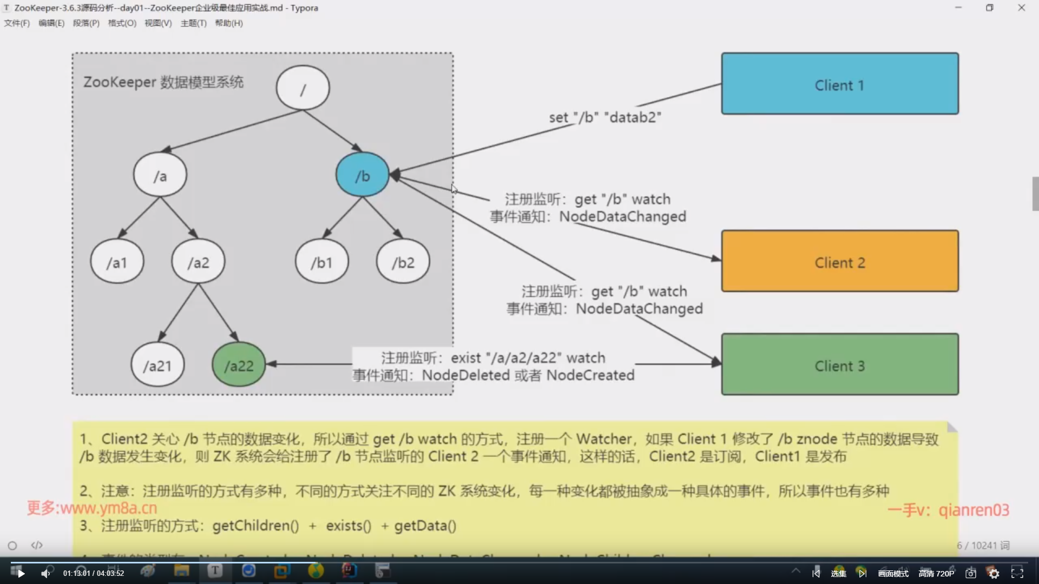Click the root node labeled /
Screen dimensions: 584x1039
[x=303, y=88]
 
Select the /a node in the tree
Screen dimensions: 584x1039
[x=160, y=175]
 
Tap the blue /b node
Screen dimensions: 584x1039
[x=363, y=175]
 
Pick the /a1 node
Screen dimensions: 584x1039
[x=117, y=262]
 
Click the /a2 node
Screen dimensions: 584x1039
[x=198, y=262]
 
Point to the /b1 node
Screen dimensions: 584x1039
[x=321, y=262]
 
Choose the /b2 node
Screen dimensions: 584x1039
[x=403, y=262]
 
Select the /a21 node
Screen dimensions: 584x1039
[x=157, y=366]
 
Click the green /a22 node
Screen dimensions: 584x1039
[x=239, y=366]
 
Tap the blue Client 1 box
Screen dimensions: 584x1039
[x=840, y=84]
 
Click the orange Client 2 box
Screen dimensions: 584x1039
[x=840, y=261]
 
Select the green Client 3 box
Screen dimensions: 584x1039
[x=840, y=364]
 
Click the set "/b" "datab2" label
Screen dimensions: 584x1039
[x=605, y=117]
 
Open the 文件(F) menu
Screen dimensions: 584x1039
[x=17, y=23]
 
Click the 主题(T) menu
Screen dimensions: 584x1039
[x=193, y=23]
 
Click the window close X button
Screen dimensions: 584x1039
[x=1021, y=8]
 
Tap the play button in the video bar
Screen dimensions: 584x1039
[x=21, y=573]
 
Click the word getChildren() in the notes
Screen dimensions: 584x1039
[x=255, y=526]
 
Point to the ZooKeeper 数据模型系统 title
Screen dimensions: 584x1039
[x=163, y=82]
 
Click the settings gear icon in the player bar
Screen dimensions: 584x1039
[x=994, y=573]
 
